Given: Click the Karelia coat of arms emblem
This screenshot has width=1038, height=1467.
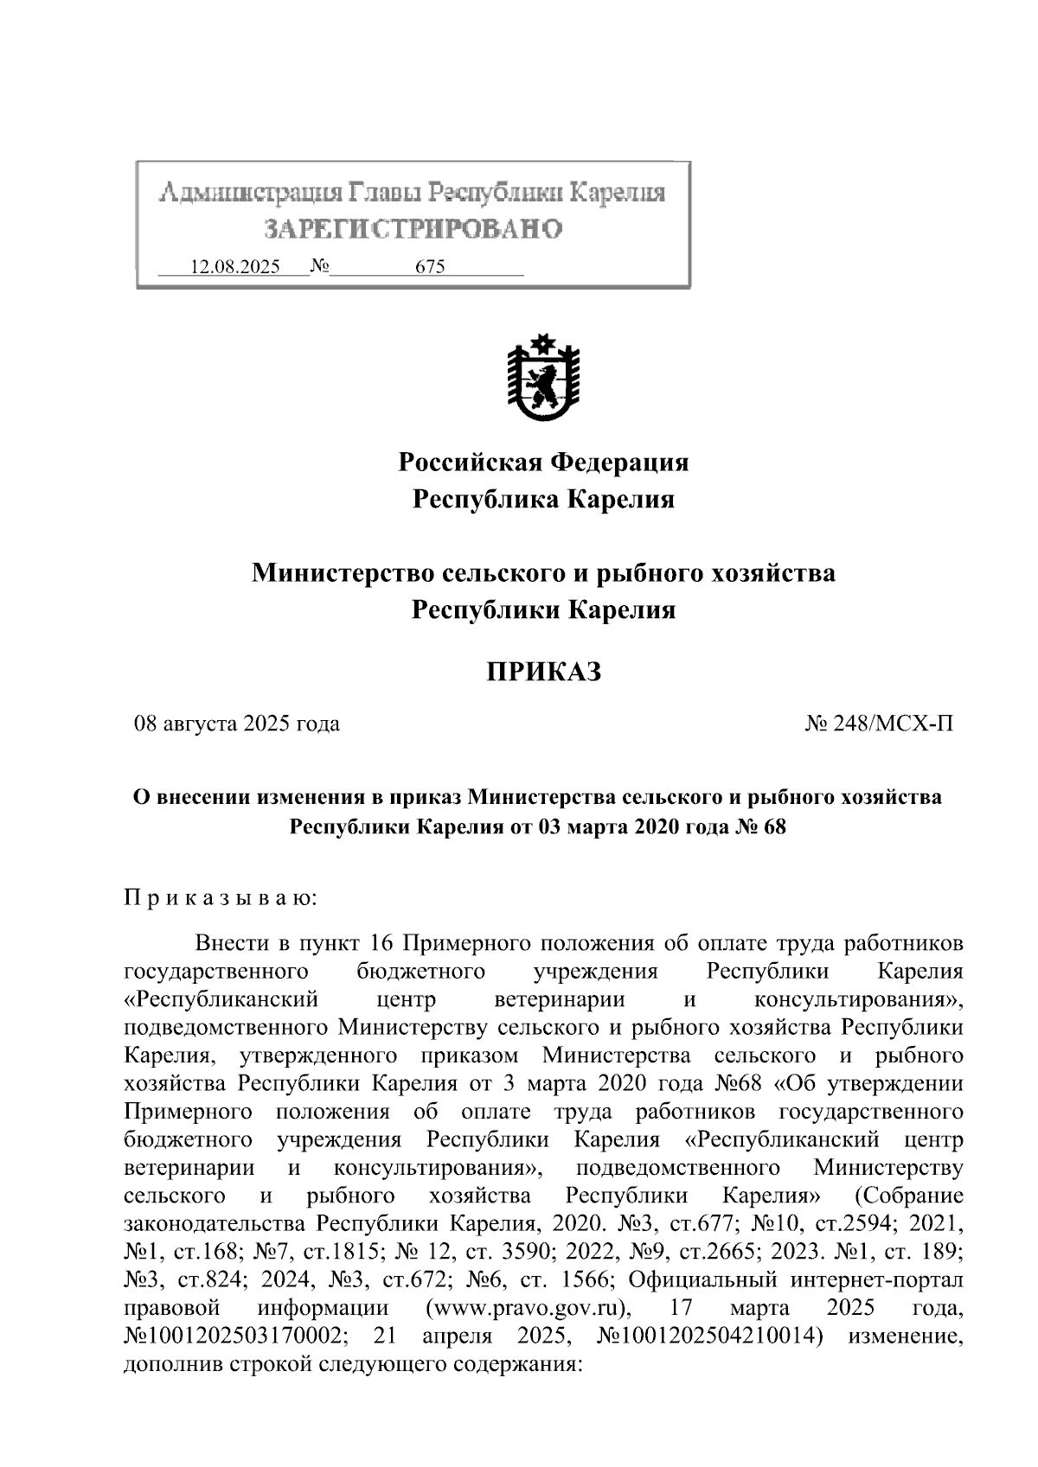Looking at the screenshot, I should click(x=542, y=377).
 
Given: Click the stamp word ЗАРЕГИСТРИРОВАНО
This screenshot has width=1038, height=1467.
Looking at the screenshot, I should click(x=413, y=229).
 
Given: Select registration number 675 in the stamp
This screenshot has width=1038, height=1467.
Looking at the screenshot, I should click(x=430, y=267).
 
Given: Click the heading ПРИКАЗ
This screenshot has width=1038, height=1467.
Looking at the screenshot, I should click(x=542, y=672).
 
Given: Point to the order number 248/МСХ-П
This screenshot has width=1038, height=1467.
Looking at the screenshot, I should click(x=880, y=724).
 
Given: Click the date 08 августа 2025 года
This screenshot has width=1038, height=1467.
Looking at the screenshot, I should click(x=236, y=724).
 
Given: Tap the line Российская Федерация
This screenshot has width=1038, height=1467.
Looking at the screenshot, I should click(x=542, y=462).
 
